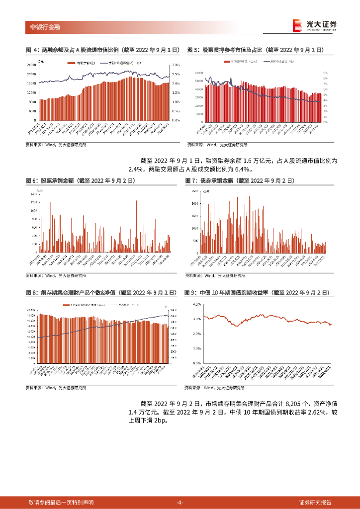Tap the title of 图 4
[x=102, y=50]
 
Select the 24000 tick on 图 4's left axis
[x=31, y=65]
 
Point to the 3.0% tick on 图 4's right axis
[x=175, y=65]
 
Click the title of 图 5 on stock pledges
[x=256, y=50]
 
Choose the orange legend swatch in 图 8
[x=66, y=305]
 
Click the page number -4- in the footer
[x=180, y=503]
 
